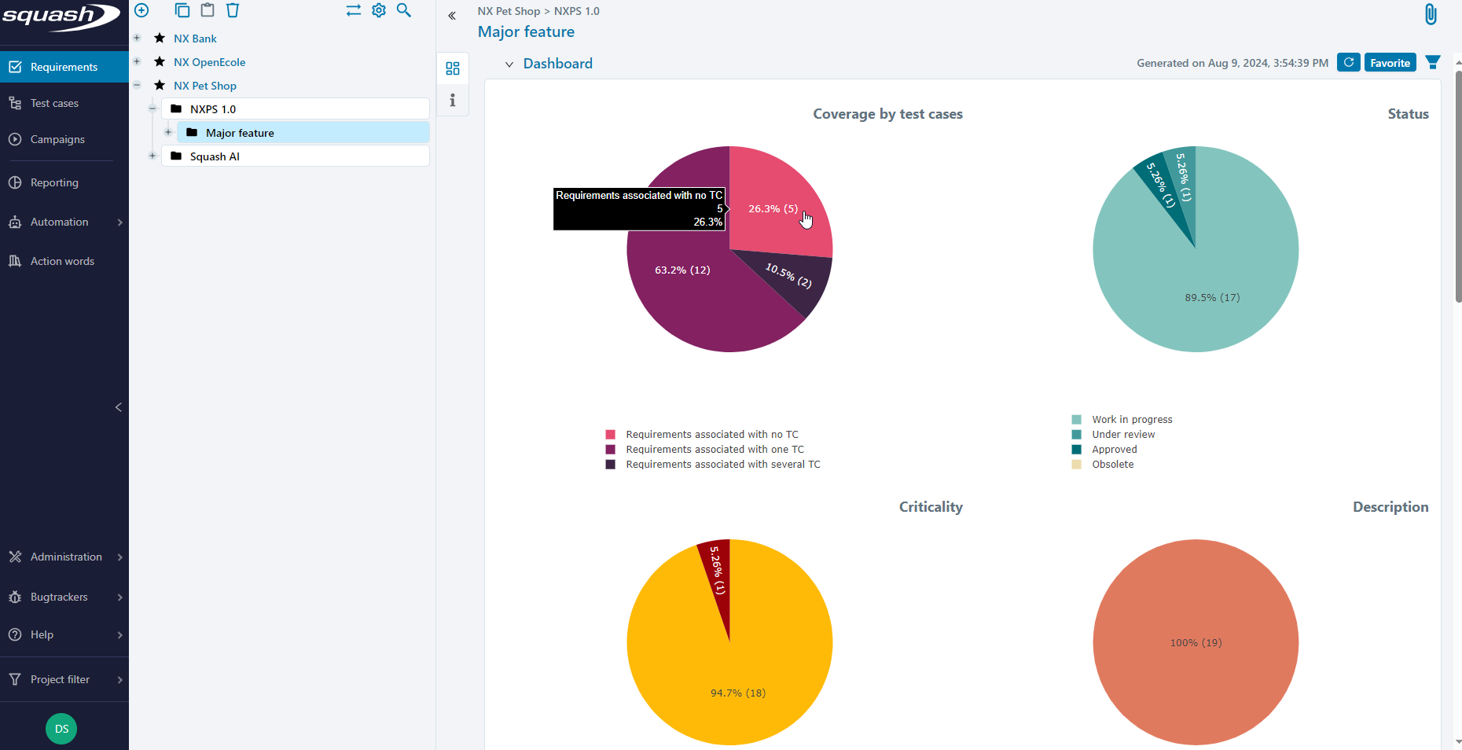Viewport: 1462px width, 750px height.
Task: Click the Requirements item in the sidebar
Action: (x=64, y=67)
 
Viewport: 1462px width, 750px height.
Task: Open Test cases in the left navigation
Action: (x=54, y=103)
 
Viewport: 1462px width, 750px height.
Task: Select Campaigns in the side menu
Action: (x=57, y=139)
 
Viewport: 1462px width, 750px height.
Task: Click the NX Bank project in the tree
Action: (x=195, y=39)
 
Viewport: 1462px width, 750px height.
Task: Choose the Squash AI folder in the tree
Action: (x=215, y=156)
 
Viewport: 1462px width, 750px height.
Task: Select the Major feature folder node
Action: (x=240, y=133)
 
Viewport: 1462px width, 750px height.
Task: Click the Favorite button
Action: (x=1390, y=63)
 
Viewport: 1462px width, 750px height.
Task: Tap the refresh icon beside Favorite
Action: (x=1349, y=63)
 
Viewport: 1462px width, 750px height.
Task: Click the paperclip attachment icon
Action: (x=1431, y=14)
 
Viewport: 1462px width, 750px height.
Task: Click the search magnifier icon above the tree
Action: (x=404, y=10)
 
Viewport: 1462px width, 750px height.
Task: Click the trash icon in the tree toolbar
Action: (x=233, y=10)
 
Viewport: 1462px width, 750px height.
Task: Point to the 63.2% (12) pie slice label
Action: (x=682, y=270)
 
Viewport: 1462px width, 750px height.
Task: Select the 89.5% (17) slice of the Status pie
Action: (x=1212, y=297)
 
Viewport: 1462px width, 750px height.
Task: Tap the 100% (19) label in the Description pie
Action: (x=1196, y=642)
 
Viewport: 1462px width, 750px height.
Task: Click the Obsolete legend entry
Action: (x=1112, y=465)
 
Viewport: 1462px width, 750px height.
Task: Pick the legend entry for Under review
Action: (x=1123, y=435)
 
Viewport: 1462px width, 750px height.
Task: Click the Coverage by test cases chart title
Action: (x=887, y=114)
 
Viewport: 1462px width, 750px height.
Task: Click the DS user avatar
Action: (x=61, y=729)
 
